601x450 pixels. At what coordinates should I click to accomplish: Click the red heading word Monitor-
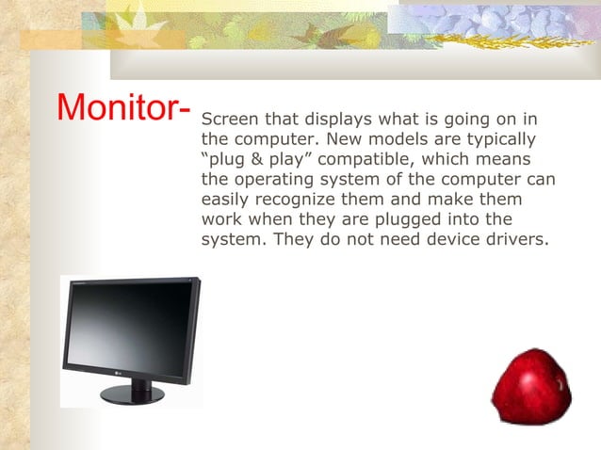coord(123,108)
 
